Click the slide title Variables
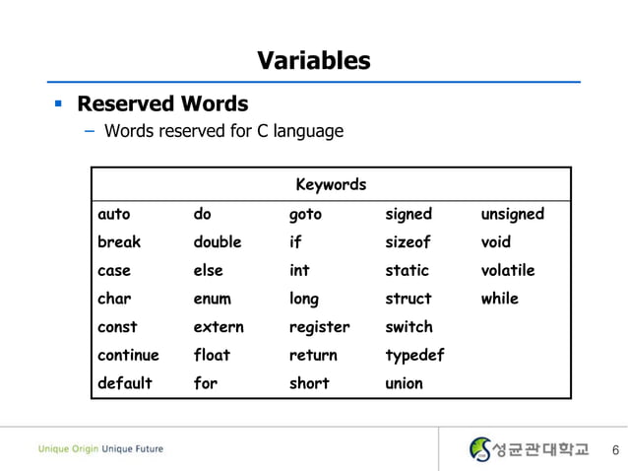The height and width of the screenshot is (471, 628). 313,61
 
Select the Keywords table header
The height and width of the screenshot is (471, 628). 331,184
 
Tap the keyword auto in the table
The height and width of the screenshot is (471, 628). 114,214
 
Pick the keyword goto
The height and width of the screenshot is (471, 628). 305,214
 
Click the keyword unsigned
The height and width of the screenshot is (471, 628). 512,214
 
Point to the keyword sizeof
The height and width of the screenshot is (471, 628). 408,241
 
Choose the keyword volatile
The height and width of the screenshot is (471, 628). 508,270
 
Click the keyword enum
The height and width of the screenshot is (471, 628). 212,299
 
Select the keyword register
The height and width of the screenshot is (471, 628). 319,327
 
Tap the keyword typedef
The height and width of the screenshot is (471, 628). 414,355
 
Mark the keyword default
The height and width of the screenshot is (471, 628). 125,383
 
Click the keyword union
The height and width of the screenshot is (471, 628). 404,383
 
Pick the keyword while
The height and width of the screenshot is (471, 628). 499,299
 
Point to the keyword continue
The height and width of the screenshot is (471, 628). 128,355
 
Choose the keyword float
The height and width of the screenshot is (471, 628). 212,355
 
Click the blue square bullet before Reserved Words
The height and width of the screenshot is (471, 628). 59,102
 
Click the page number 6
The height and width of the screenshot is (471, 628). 615,450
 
